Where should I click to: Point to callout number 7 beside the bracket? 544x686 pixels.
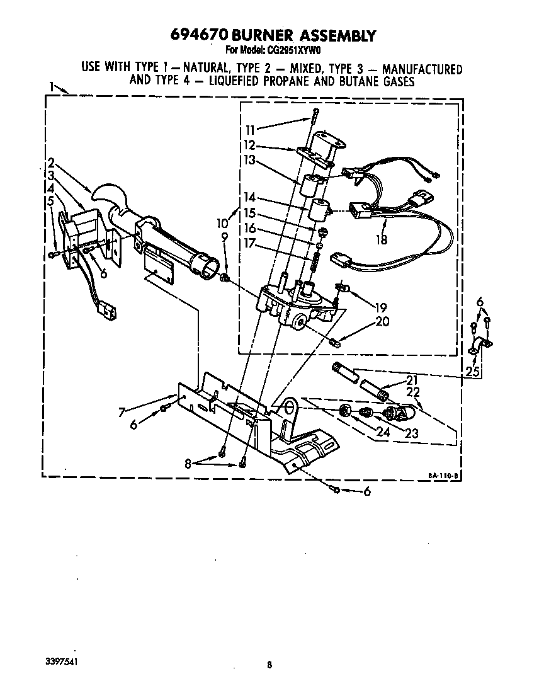(122, 413)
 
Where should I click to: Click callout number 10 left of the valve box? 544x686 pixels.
(222, 222)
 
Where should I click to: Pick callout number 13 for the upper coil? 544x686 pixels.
(251, 161)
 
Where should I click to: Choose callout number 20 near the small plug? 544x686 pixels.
(382, 322)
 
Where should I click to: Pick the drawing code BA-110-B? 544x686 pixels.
(442, 477)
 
